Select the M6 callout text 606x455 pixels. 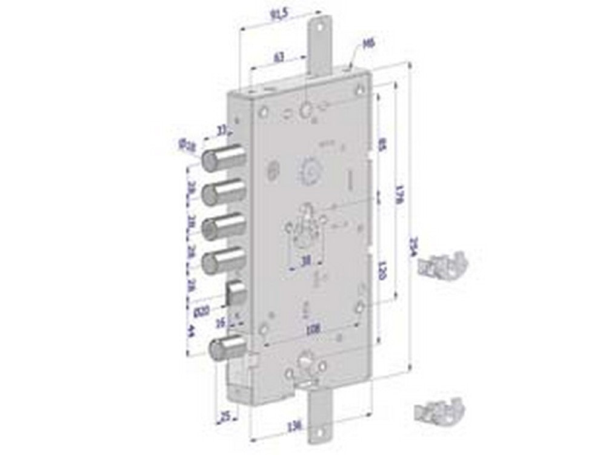365,44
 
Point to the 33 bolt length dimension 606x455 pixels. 221,129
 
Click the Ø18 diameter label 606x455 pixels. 186,144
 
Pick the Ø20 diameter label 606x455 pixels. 202,311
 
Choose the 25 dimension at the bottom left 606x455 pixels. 225,416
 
